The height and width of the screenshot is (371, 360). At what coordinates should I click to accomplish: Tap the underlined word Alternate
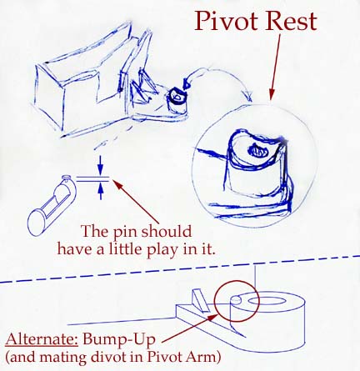[x=42, y=339]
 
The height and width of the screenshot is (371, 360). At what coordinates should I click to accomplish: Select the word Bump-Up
[x=119, y=340]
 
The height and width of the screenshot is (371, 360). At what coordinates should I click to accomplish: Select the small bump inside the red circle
[x=236, y=299]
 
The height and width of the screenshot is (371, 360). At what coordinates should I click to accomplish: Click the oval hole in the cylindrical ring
[x=266, y=301]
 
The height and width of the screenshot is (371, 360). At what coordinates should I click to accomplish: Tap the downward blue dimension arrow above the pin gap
[x=101, y=165]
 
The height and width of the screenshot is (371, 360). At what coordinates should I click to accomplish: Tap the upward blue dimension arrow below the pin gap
[x=101, y=191]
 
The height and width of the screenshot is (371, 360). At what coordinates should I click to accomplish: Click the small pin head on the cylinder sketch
[x=66, y=177]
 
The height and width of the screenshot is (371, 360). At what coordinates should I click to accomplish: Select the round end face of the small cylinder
[x=37, y=223]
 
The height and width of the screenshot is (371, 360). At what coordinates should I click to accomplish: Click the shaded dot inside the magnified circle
[x=258, y=151]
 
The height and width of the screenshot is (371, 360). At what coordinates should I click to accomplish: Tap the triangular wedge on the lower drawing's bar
[x=201, y=301]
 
